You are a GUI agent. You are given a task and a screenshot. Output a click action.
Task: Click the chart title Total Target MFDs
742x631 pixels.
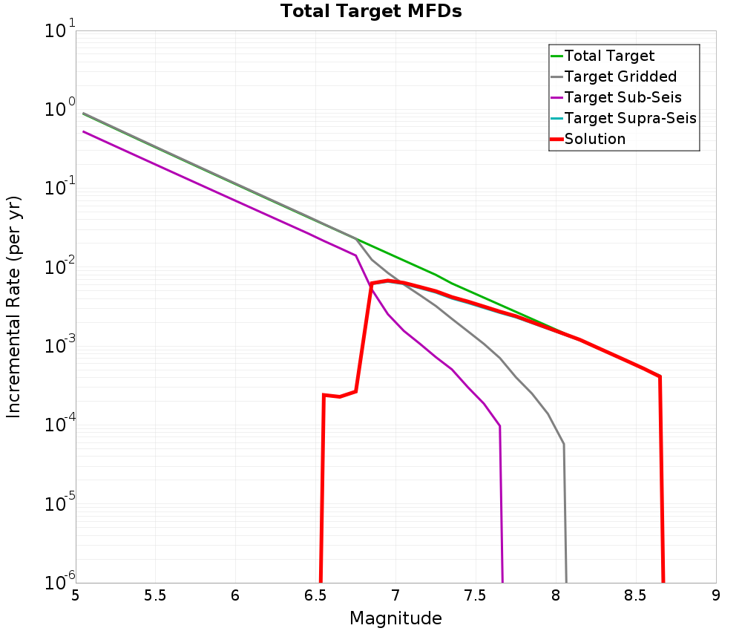(371, 12)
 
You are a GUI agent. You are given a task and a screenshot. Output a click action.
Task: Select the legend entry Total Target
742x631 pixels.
(609, 56)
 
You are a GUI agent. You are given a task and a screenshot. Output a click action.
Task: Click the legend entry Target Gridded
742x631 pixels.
(620, 76)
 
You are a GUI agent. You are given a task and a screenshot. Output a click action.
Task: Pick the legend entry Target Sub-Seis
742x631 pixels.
(623, 97)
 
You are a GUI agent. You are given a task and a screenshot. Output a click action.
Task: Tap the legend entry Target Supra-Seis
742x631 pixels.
(630, 118)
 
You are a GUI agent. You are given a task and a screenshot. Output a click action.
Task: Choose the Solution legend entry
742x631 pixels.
(594, 139)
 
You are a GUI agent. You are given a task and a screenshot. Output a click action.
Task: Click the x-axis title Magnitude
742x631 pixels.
(395, 618)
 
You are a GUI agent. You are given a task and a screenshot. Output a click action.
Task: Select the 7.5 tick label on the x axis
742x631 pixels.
(476, 595)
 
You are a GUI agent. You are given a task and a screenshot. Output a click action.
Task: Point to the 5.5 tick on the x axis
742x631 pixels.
(155, 595)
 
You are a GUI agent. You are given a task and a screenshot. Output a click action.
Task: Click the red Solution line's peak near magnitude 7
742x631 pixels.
(387, 281)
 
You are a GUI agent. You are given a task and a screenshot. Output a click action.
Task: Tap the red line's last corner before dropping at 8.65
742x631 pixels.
(659, 376)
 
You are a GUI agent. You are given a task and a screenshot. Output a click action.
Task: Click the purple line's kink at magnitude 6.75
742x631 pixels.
(355, 255)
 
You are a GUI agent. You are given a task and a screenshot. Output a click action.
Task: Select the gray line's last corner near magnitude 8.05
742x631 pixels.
(564, 444)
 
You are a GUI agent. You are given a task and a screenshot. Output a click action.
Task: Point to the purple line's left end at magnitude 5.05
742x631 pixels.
(84, 131)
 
